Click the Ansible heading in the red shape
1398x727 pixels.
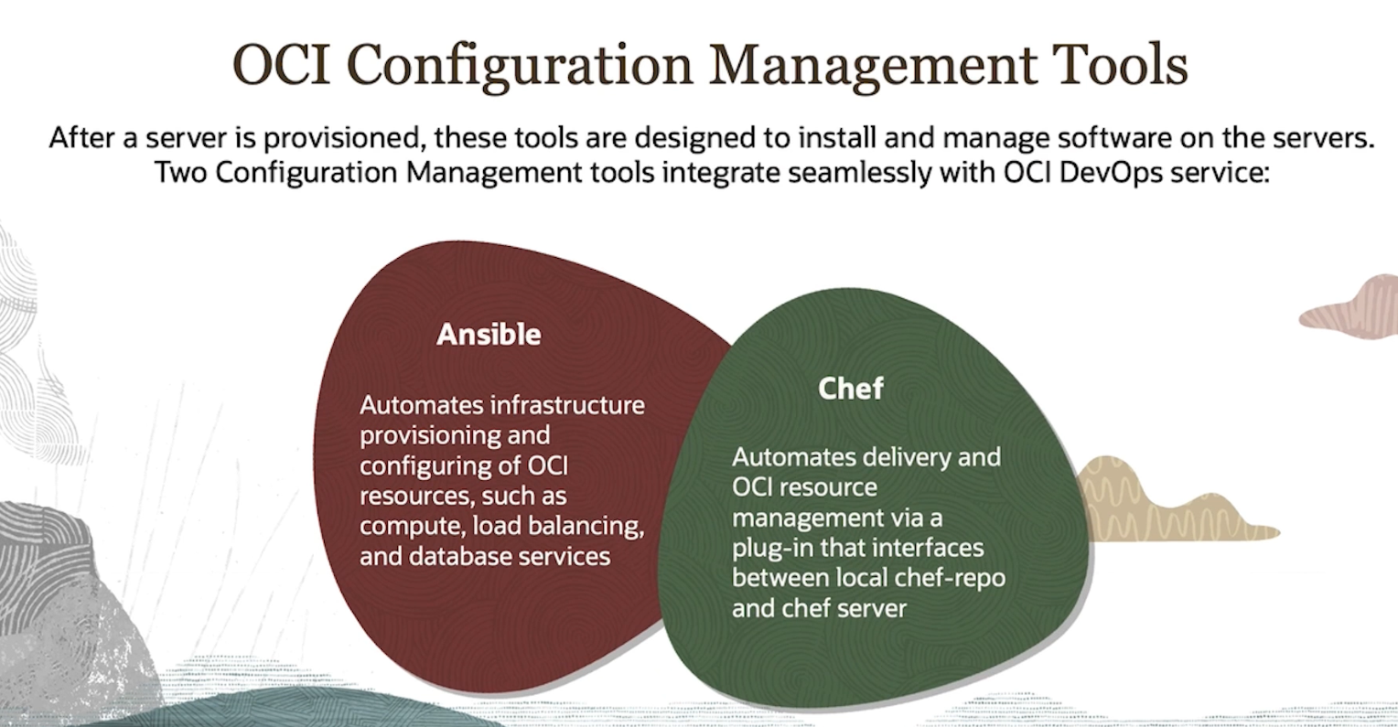coord(489,335)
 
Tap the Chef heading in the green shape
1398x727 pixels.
coord(851,389)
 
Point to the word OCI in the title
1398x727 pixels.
coord(281,65)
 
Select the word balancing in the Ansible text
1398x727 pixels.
coord(586,527)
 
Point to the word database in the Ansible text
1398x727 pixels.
coord(458,556)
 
